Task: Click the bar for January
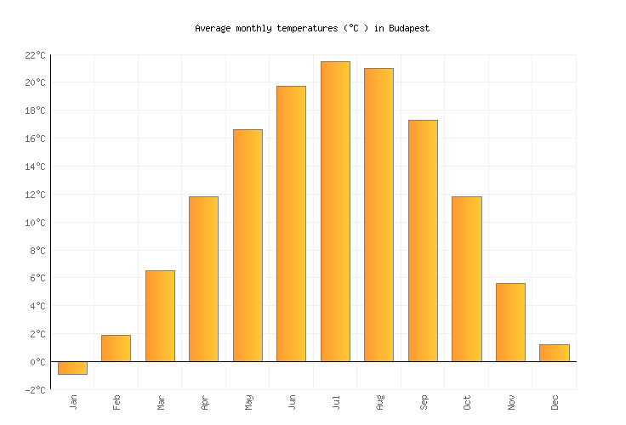72,368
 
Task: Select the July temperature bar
335,212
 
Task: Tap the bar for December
554,353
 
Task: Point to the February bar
116,348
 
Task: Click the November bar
510,322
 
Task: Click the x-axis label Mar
161,401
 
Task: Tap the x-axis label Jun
292,401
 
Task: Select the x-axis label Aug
379,401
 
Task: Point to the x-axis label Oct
467,401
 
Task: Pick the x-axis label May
248,401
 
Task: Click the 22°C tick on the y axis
34,55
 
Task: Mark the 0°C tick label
37,362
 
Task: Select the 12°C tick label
34,195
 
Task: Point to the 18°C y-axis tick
34,110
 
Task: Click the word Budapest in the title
409,28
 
